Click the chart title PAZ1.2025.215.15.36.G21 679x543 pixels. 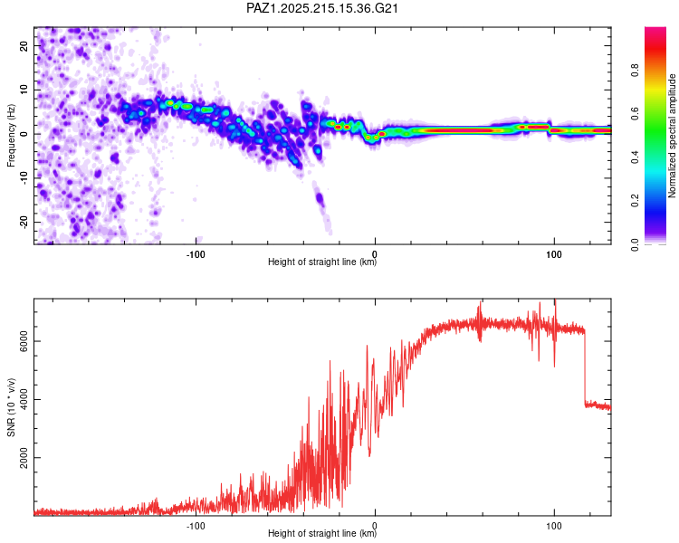coord(321,8)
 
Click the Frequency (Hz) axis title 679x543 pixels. coord(11,136)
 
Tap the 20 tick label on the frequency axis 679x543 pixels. coord(24,45)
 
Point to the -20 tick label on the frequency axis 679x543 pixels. coord(24,223)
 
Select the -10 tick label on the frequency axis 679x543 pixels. coord(24,178)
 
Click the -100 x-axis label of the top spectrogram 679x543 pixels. coord(196,254)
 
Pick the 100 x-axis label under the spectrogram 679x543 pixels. coord(554,254)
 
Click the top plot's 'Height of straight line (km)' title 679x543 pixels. coord(322,262)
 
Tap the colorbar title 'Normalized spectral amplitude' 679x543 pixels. coord(672,136)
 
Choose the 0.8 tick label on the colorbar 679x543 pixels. coord(635,71)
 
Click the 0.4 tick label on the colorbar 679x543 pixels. coord(635,157)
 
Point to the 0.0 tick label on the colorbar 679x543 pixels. coord(635,244)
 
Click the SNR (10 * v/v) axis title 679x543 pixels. coord(11,407)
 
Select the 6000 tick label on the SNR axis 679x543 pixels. coord(24,341)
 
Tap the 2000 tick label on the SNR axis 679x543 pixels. coord(24,458)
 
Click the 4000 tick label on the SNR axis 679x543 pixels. coord(24,400)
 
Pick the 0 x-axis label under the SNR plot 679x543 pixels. coord(375,526)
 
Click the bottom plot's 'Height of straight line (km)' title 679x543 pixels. coord(322,533)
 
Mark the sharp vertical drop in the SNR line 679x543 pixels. coord(585,368)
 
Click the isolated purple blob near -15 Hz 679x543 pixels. coord(320,199)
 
